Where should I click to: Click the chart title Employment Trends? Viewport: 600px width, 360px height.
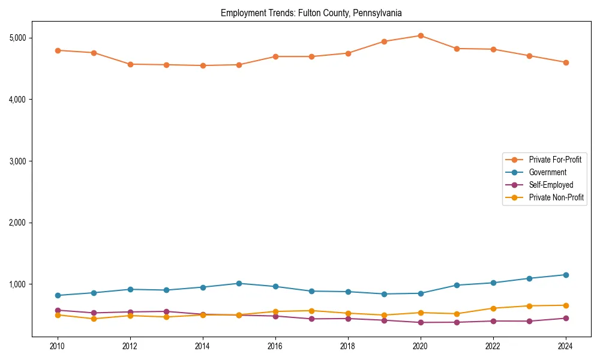[x=311, y=13]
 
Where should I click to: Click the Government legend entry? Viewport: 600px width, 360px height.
[x=547, y=172]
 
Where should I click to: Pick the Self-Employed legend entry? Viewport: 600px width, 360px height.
[x=551, y=185]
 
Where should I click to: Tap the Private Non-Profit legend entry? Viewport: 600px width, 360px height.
[x=556, y=197]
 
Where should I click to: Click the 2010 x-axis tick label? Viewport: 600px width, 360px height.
[x=58, y=346]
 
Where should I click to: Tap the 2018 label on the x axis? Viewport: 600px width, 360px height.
[x=348, y=346]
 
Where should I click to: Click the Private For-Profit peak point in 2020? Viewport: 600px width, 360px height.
[x=421, y=35]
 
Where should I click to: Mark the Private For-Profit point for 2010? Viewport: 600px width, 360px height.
[x=58, y=50]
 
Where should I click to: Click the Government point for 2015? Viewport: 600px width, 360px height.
[x=239, y=283]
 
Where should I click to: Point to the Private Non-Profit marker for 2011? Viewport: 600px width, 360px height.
[x=94, y=319]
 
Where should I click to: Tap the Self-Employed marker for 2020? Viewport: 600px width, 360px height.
[x=421, y=322]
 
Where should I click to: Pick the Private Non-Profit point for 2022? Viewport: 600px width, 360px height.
[x=493, y=308]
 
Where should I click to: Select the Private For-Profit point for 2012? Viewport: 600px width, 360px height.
[x=130, y=64]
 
